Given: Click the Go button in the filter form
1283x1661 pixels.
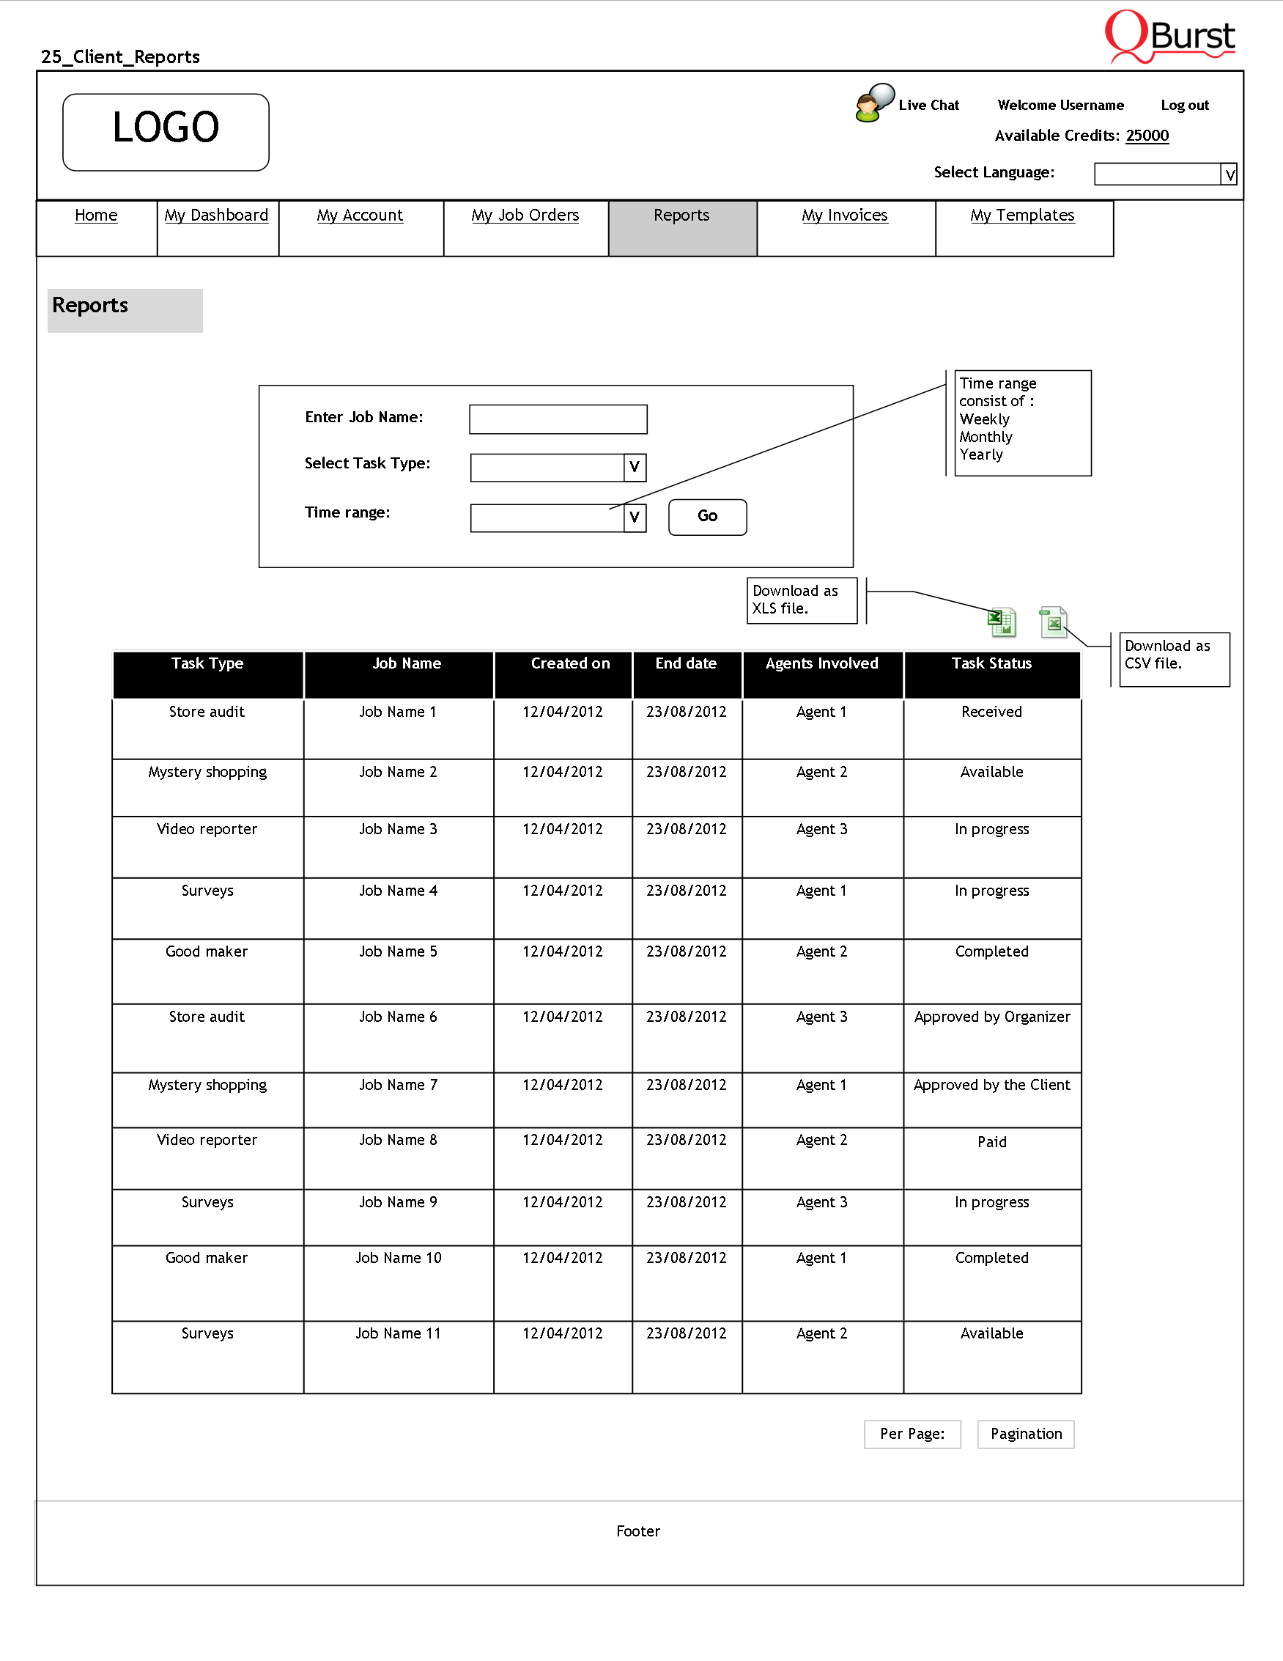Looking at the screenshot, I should pyautogui.click(x=707, y=516).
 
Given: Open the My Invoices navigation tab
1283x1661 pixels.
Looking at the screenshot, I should pyautogui.click(x=844, y=216).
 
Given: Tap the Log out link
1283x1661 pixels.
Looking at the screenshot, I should pyautogui.click(x=1184, y=105).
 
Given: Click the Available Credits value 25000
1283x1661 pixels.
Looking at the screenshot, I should pyautogui.click(x=1147, y=136).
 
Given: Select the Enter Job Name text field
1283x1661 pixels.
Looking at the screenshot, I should pyautogui.click(x=558, y=419).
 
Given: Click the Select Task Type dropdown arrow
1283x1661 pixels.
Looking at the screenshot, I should pyautogui.click(x=635, y=467).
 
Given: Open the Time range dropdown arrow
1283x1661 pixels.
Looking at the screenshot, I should pyautogui.click(x=635, y=518).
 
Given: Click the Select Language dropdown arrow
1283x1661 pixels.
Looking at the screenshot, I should pyautogui.click(x=1229, y=175).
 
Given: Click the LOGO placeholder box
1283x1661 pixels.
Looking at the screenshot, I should pyautogui.click(x=166, y=131).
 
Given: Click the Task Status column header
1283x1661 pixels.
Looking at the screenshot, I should pyautogui.click(x=991, y=664).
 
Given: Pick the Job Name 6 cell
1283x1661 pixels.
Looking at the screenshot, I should pyautogui.click(x=399, y=1017).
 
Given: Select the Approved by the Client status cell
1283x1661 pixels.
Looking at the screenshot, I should pyautogui.click(x=991, y=1086).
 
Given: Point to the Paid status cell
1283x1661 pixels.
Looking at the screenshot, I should pyautogui.click(x=991, y=1141).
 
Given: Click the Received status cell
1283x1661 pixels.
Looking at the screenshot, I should pyautogui.click(x=991, y=712).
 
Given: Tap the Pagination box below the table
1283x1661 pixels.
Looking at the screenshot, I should pyautogui.click(x=1025, y=1434).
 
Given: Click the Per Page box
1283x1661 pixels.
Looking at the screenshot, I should pyautogui.click(x=912, y=1434).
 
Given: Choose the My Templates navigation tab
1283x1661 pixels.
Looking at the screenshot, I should pyautogui.click(x=1021, y=216).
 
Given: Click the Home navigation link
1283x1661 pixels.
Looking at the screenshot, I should pyautogui.click(x=96, y=216).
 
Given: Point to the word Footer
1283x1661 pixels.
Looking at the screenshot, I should pyautogui.click(x=637, y=1531).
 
